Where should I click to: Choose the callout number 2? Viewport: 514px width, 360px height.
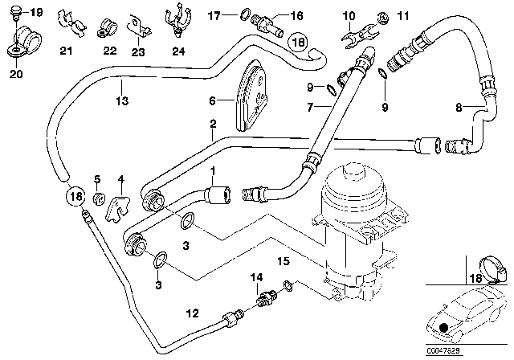213,125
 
